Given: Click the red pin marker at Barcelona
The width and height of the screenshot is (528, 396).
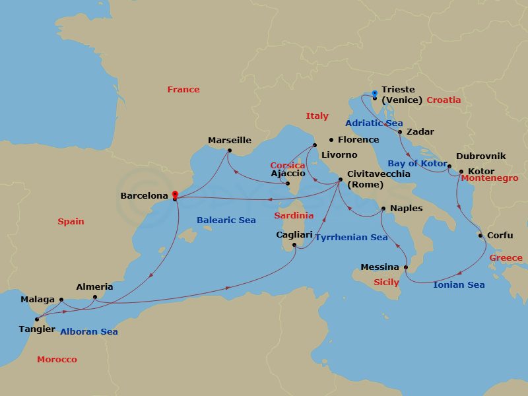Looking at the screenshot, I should point(174,195).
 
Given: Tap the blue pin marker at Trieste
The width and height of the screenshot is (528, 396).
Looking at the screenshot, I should point(374,94).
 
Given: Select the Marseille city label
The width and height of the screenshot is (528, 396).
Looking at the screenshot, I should point(230,140).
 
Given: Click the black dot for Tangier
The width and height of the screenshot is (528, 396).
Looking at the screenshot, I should point(37,319).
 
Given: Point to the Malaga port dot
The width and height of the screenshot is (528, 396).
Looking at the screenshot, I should point(61,300).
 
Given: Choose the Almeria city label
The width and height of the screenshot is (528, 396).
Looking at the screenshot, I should point(94,286).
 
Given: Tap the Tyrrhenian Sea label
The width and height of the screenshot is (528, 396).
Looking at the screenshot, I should point(350,237).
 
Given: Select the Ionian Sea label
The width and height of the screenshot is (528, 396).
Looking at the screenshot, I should point(459,284).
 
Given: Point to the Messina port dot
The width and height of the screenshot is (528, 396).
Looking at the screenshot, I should point(406,267).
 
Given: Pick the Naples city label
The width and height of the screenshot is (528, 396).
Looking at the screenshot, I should point(406,208).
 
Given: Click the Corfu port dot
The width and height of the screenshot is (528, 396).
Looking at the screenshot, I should point(480,236).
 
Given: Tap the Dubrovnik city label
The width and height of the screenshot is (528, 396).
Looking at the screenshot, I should point(480,156).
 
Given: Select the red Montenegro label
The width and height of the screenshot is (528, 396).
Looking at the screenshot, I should point(489,178).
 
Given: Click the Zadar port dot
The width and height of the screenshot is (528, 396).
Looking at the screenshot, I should point(400,132).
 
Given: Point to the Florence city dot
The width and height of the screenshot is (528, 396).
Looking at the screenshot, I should point(331,140).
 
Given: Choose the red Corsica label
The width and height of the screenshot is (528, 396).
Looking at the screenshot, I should point(287,165).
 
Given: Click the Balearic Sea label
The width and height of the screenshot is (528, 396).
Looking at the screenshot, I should point(226,220).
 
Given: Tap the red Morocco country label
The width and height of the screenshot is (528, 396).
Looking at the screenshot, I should point(57,359).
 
